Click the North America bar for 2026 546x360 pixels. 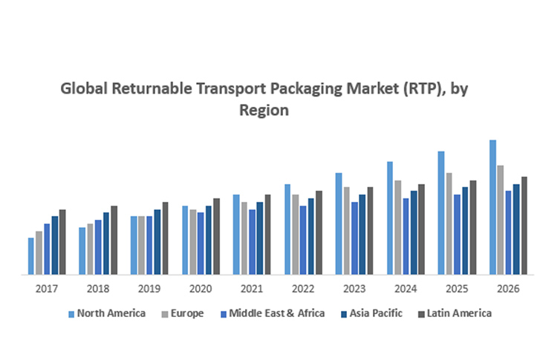pyautogui.click(x=493, y=207)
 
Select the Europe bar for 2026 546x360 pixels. pyautogui.click(x=501, y=220)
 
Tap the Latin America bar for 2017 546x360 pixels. pyautogui.click(x=62, y=242)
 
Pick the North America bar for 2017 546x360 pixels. pyautogui.click(x=31, y=256)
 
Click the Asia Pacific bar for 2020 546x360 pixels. pyautogui.click(x=209, y=240)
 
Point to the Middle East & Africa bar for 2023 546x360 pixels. pyautogui.click(x=354, y=238)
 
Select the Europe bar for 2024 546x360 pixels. pyautogui.click(x=398, y=227)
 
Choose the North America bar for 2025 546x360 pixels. pyautogui.click(x=441, y=213)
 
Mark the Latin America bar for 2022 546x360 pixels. pyautogui.click(x=319, y=232)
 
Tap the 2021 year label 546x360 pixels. pyautogui.click(x=251, y=288)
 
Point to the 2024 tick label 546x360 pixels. pyautogui.click(x=406, y=288)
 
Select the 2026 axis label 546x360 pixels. pyautogui.click(x=508, y=288)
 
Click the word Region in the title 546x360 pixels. pyautogui.click(x=263, y=111)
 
